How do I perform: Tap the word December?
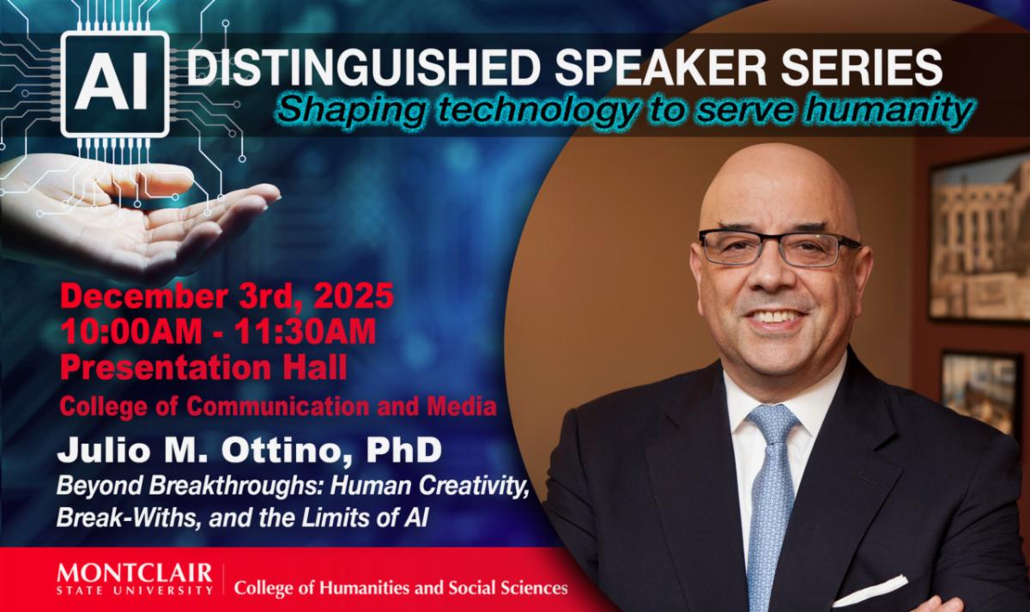point(143,296)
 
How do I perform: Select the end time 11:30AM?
point(305,331)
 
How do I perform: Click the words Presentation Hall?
point(203,368)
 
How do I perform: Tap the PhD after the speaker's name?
point(403,450)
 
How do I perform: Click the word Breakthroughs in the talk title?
point(237,487)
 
